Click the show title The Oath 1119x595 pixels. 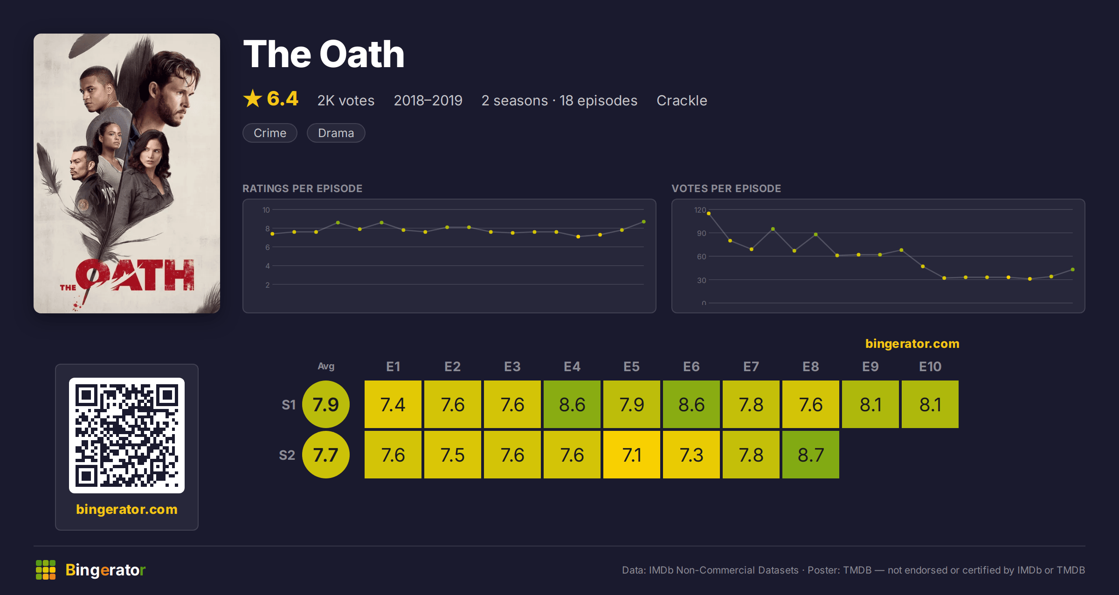324,54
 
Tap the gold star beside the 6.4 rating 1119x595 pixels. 253,98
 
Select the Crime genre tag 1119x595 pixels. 270,133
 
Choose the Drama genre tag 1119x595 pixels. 336,133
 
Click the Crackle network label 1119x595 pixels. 682,100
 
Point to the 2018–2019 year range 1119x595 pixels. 428,100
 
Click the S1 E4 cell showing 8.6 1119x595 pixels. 572,404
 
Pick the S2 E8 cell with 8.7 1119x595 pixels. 811,455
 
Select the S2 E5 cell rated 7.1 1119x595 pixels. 632,455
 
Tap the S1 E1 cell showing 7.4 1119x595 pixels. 393,404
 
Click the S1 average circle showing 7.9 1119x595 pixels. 326,404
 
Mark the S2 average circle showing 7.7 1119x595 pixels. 326,455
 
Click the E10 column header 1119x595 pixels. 930,367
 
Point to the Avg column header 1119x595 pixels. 326,366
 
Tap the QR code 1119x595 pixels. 127,436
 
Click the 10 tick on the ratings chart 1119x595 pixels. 266,210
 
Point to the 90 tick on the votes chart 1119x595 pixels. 702,233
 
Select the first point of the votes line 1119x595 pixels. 709,214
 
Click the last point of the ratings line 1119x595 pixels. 644,222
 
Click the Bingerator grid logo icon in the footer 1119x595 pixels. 46,570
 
